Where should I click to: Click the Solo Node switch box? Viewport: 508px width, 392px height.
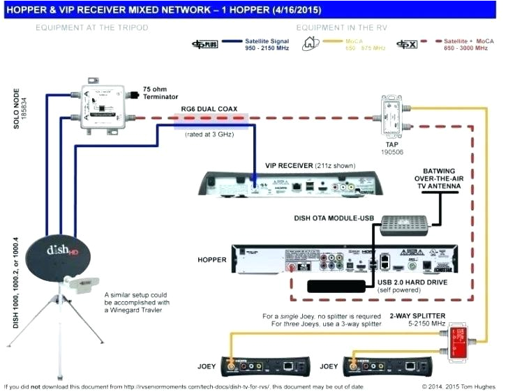[105, 104]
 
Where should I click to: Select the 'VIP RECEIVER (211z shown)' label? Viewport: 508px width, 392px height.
[310, 166]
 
